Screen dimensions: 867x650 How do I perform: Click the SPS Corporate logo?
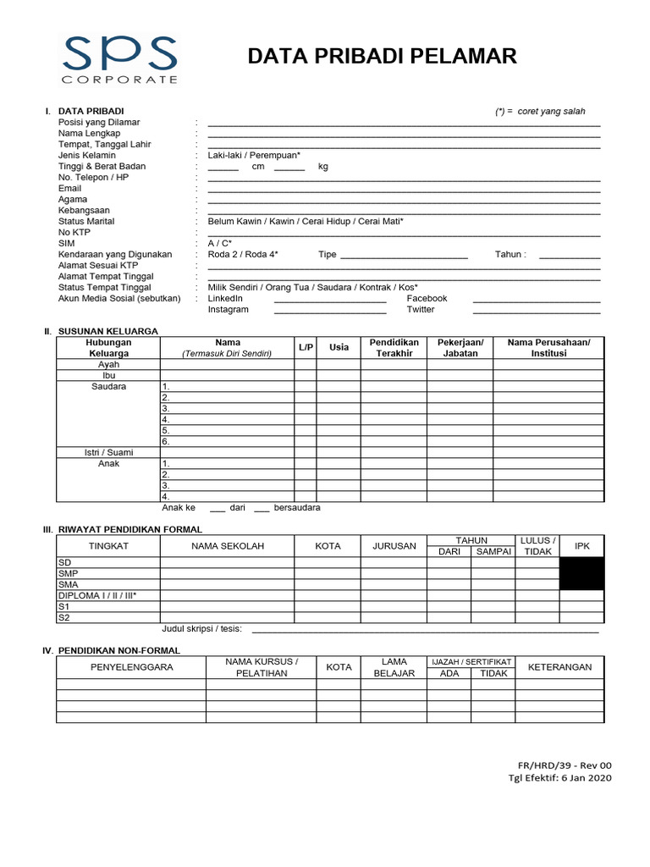(119, 58)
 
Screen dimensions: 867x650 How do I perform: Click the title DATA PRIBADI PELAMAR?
(382, 57)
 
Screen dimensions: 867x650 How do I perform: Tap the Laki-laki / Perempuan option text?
(254, 156)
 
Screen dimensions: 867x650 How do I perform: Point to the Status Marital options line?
(306, 221)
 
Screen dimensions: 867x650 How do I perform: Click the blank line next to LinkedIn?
(330, 300)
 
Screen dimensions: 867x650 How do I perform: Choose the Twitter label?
(420, 310)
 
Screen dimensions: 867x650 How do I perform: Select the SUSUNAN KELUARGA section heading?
(107, 331)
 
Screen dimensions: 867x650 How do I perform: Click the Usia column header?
(339, 347)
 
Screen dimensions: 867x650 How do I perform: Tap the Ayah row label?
(108, 365)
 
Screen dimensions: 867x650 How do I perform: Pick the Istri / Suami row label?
(108, 453)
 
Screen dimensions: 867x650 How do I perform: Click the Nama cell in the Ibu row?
(227, 376)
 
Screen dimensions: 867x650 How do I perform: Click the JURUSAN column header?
(394, 546)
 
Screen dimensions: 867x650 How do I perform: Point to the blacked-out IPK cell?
(581, 573)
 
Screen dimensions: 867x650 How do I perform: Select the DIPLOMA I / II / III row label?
(96, 595)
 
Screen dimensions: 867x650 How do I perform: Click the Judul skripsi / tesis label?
(201, 628)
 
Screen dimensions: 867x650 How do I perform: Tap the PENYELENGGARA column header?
(131, 667)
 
